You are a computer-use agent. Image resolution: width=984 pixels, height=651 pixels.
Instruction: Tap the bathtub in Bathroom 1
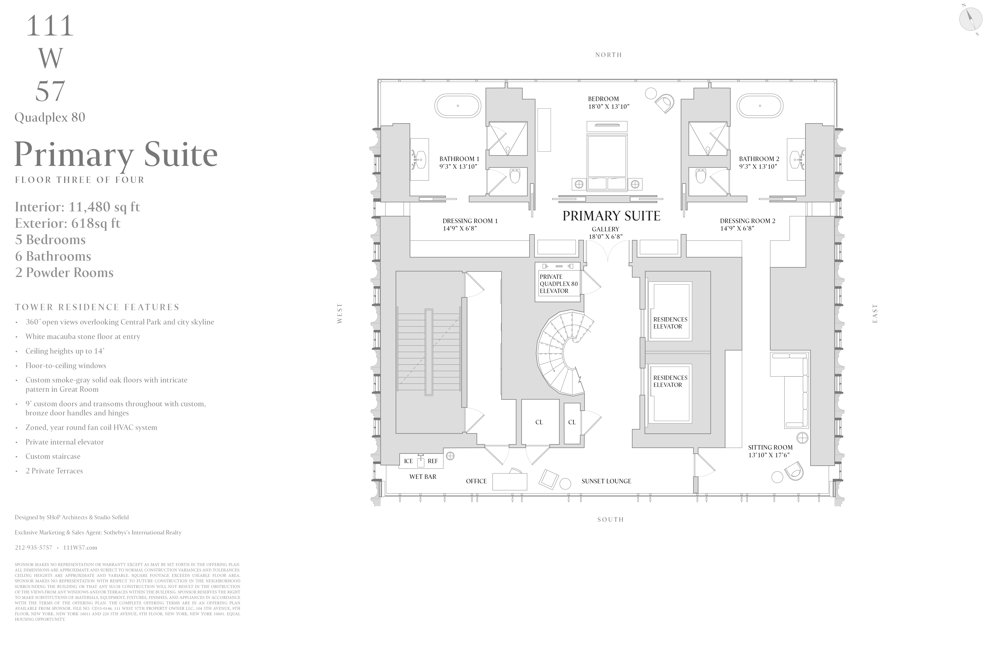458,106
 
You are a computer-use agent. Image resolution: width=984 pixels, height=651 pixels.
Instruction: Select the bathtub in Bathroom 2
760,106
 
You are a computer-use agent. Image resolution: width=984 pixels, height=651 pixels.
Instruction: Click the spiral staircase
561,353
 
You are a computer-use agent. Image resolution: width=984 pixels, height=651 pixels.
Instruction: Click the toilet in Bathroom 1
515,176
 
